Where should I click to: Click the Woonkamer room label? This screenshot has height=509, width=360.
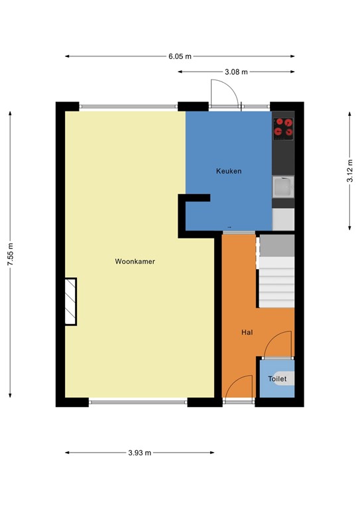click(x=135, y=261)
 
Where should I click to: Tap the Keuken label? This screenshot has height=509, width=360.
click(x=229, y=171)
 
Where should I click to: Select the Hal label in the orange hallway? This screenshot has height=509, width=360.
click(x=247, y=332)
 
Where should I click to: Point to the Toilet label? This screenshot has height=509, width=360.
click(x=277, y=378)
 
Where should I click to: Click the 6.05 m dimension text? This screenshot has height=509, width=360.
click(x=180, y=56)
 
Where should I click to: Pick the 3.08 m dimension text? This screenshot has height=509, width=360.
click(x=236, y=72)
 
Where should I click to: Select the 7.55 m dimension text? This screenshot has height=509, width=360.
click(x=11, y=254)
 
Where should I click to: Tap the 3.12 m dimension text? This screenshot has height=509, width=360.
click(x=350, y=171)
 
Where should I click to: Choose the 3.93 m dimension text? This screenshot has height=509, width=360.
click(x=140, y=453)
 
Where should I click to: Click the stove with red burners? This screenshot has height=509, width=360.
click(x=283, y=129)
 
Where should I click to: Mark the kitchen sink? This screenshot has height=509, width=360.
click(x=283, y=187)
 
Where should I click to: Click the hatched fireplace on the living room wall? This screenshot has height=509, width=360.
click(x=70, y=302)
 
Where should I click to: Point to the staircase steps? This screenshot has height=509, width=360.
click(x=276, y=271)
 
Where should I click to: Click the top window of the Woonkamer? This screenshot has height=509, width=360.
click(x=129, y=107)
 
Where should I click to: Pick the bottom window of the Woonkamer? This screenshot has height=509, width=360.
click(x=139, y=402)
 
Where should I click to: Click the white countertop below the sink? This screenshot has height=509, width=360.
click(x=283, y=219)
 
